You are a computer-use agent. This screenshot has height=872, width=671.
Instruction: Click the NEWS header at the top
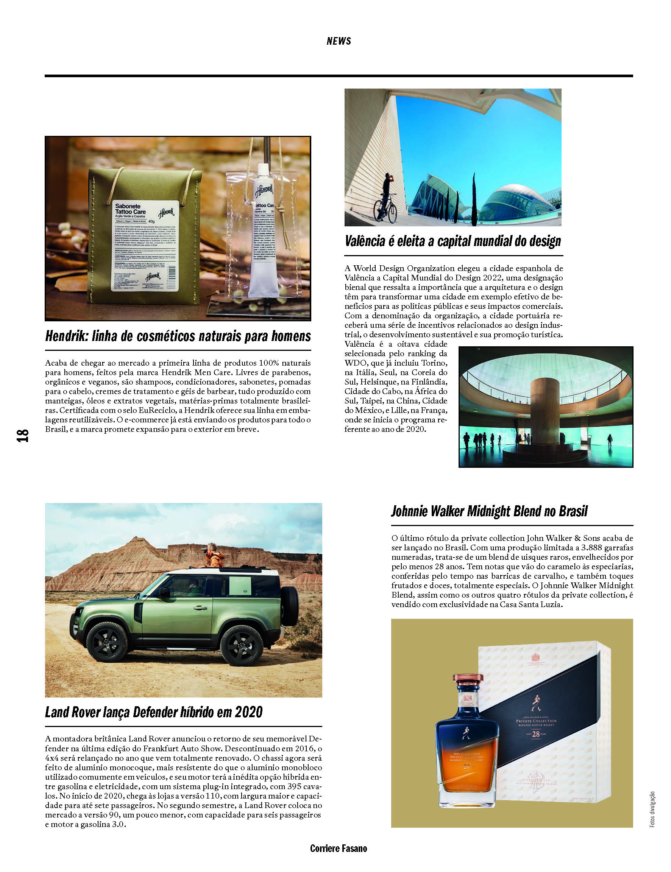coord(338,41)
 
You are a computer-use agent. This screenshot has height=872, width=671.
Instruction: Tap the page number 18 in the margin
coord(23,435)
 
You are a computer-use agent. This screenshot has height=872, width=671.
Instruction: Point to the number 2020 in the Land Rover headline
coord(248,712)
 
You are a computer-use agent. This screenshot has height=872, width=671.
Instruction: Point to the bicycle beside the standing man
coord(385,209)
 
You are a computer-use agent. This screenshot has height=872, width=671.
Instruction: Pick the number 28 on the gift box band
coord(535,733)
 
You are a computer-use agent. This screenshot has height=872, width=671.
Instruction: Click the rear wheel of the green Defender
coord(242,646)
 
